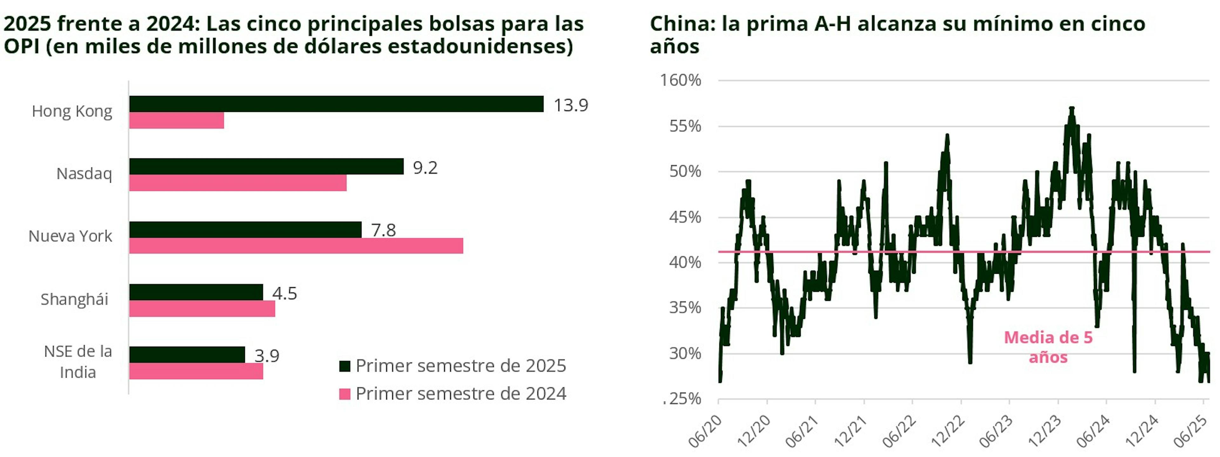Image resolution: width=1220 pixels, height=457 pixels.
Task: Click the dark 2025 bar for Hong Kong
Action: click(x=336, y=104)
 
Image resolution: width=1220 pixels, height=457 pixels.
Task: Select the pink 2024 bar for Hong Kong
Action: click(x=176, y=121)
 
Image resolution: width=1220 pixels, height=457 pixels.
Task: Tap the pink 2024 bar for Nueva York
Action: click(x=296, y=246)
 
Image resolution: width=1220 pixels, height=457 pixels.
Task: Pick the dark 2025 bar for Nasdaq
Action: click(x=266, y=166)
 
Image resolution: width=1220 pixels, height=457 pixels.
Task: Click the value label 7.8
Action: click(x=383, y=230)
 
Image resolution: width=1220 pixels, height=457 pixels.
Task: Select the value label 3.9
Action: click(x=267, y=356)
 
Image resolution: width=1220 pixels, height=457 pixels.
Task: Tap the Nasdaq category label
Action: click(x=84, y=174)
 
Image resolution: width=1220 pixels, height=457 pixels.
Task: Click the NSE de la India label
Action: click(x=78, y=362)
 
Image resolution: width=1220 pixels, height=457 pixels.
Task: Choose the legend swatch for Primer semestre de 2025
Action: click(x=345, y=366)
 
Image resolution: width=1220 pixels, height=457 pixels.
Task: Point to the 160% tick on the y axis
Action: click(x=681, y=80)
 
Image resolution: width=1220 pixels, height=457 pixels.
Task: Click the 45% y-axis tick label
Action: click(x=685, y=218)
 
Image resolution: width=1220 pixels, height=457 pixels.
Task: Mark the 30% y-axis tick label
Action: click(x=685, y=354)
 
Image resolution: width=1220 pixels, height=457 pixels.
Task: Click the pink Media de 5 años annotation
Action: click(x=1048, y=347)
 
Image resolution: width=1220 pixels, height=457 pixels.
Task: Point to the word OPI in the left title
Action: click(x=22, y=46)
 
